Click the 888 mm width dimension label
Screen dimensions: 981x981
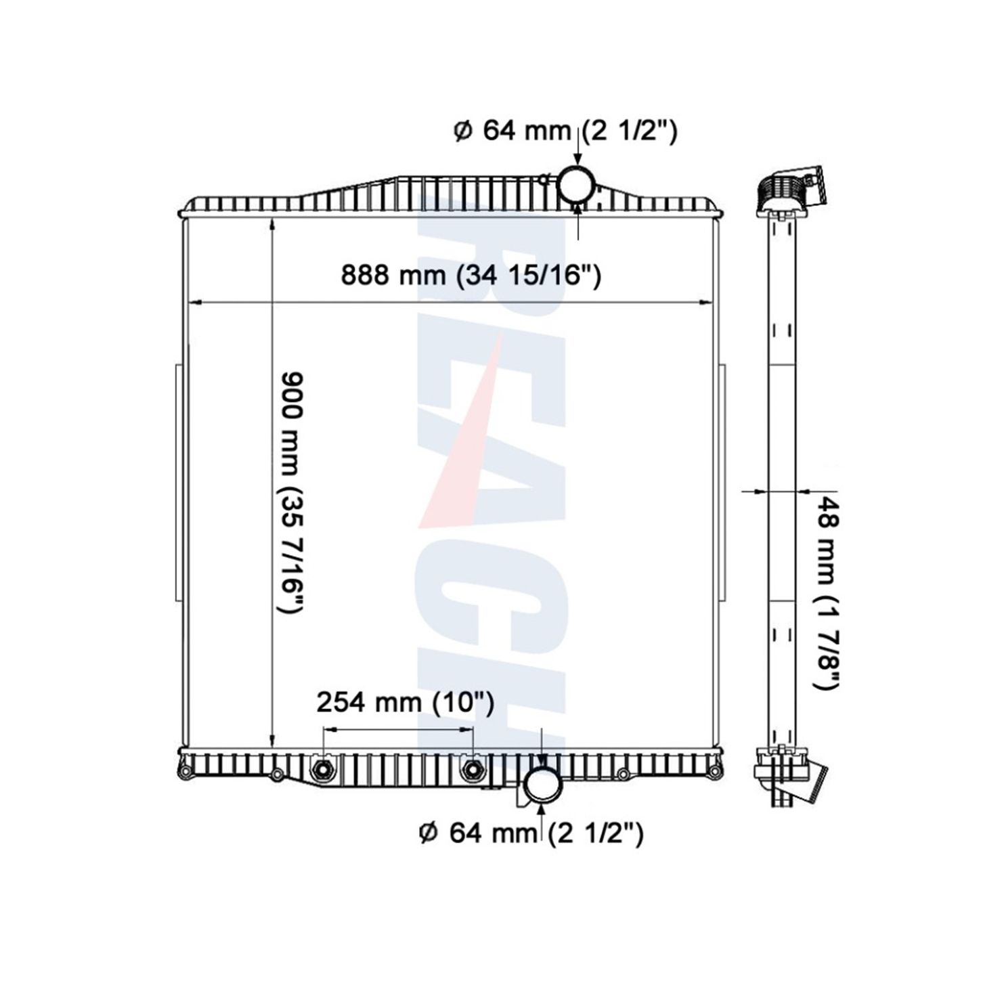[471, 276]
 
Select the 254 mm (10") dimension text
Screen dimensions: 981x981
[406, 703]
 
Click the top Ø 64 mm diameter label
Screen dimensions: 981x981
[565, 131]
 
